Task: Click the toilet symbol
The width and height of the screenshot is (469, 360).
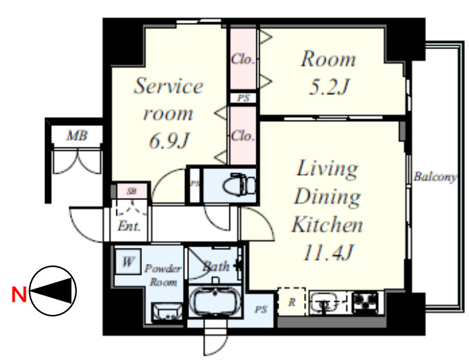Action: point(239,185)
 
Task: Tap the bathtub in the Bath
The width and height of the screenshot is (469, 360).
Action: point(215,301)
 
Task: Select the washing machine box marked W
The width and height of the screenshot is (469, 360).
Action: point(127,262)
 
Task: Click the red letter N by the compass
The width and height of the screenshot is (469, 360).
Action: point(19,294)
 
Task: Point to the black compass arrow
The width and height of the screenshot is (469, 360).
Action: point(51,291)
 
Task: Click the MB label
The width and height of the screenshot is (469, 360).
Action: point(77,136)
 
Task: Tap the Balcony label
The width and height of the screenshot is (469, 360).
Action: point(436,177)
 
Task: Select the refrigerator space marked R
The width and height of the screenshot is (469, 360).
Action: point(292,301)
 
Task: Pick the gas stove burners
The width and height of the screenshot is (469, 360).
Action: point(366,301)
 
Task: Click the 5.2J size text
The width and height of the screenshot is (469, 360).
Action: point(329,87)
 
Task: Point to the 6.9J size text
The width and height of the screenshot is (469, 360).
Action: point(169,141)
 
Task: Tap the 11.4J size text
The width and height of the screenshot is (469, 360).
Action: point(328,253)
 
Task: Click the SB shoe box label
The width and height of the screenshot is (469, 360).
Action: point(132,191)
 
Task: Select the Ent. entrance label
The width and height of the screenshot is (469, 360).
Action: point(129,226)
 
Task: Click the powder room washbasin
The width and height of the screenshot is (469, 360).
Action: point(166,312)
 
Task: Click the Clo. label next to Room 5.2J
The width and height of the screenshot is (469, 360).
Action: point(242,60)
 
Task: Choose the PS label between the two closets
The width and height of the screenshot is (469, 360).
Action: point(243,98)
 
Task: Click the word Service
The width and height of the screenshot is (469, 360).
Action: point(168,86)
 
